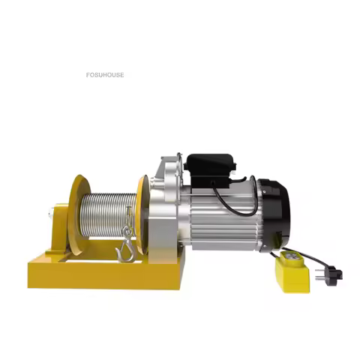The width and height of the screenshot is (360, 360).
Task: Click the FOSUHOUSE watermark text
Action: tap(105, 75)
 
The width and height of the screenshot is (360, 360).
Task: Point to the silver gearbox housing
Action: tap(166, 210)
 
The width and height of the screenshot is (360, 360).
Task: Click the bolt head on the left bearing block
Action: tap(49, 217)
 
